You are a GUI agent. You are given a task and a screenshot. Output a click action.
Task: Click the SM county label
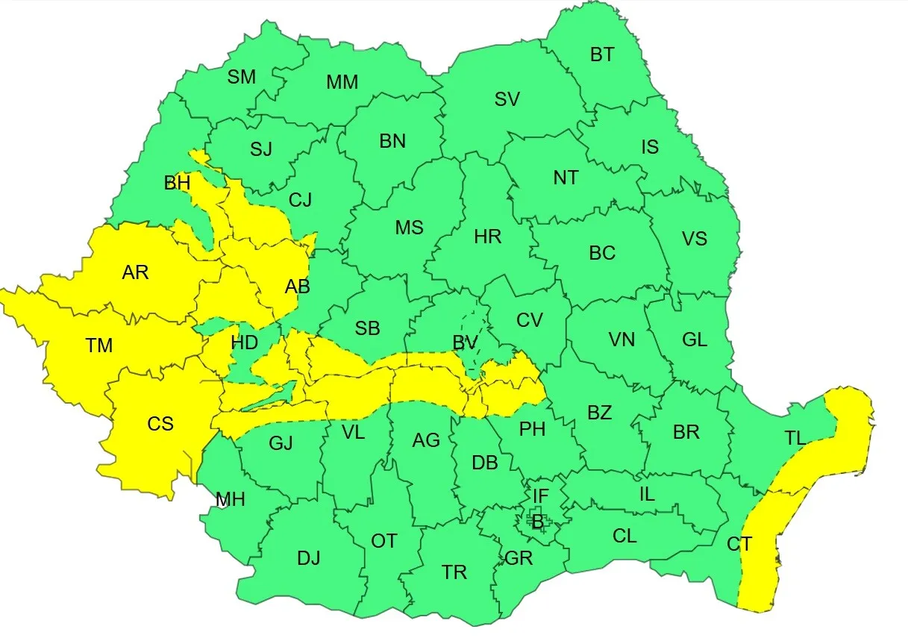[x=241, y=76]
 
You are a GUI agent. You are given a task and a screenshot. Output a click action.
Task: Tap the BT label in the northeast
[x=602, y=54]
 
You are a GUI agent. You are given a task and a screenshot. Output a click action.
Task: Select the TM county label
[x=98, y=345]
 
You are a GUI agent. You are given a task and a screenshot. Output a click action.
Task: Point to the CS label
[x=160, y=424]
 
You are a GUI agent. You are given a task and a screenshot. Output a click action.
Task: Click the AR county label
[x=135, y=272]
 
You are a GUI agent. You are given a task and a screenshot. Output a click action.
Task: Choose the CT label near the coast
[x=739, y=544]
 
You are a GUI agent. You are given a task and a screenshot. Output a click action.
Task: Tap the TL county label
[x=795, y=438]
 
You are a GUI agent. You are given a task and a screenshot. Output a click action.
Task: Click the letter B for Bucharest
[x=537, y=522]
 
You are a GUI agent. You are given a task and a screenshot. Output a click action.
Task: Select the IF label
[x=541, y=494]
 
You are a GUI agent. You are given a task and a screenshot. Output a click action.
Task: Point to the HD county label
[x=244, y=343]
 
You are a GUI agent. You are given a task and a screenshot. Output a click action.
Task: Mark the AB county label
[x=297, y=286]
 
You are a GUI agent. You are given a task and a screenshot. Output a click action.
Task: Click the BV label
[x=465, y=343]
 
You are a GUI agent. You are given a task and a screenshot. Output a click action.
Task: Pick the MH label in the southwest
[x=231, y=499]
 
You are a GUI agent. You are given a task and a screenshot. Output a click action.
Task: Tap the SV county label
[x=507, y=99]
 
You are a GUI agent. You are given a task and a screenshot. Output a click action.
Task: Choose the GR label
[x=519, y=557]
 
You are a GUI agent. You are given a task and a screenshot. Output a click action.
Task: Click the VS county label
[x=694, y=239]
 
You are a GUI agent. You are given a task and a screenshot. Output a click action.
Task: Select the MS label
[x=409, y=228]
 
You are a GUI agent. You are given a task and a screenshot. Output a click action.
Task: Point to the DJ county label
[x=308, y=557]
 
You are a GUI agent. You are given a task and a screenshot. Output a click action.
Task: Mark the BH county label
[x=177, y=182]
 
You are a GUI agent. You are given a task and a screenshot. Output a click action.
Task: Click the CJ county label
[x=300, y=199]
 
